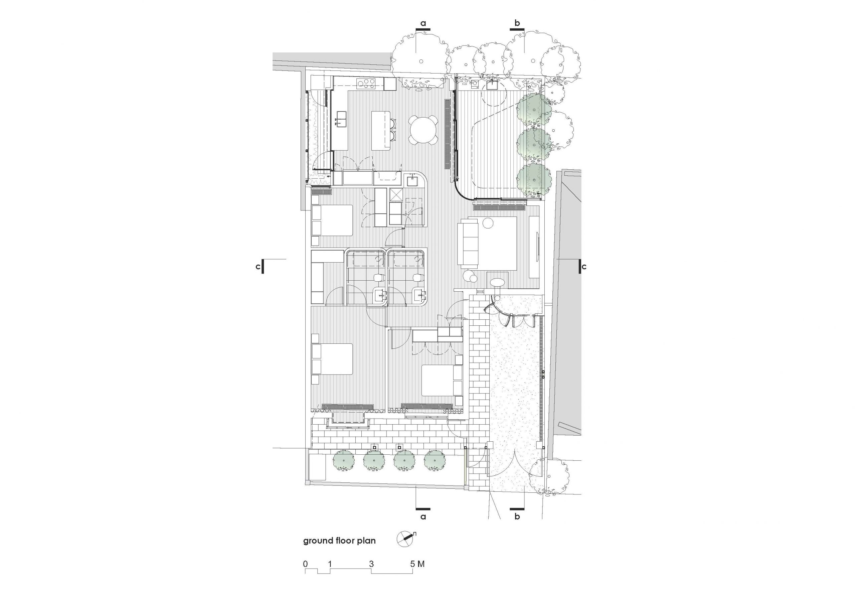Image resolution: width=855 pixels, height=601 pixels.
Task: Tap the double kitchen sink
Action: [x=80, y=121]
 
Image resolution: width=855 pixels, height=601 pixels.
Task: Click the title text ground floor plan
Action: [x=339, y=541]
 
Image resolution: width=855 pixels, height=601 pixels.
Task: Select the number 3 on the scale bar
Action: [x=371, y=564]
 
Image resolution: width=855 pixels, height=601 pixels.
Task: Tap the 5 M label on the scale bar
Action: [x=417, y=564]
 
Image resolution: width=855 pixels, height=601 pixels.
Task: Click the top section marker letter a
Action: [x=423, y=23]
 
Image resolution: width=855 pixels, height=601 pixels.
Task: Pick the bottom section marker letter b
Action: [x=517, y=516]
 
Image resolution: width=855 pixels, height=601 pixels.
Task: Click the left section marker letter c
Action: [x=258, y=267]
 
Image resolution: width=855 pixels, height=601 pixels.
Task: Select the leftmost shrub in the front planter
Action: [x=343, y=461]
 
